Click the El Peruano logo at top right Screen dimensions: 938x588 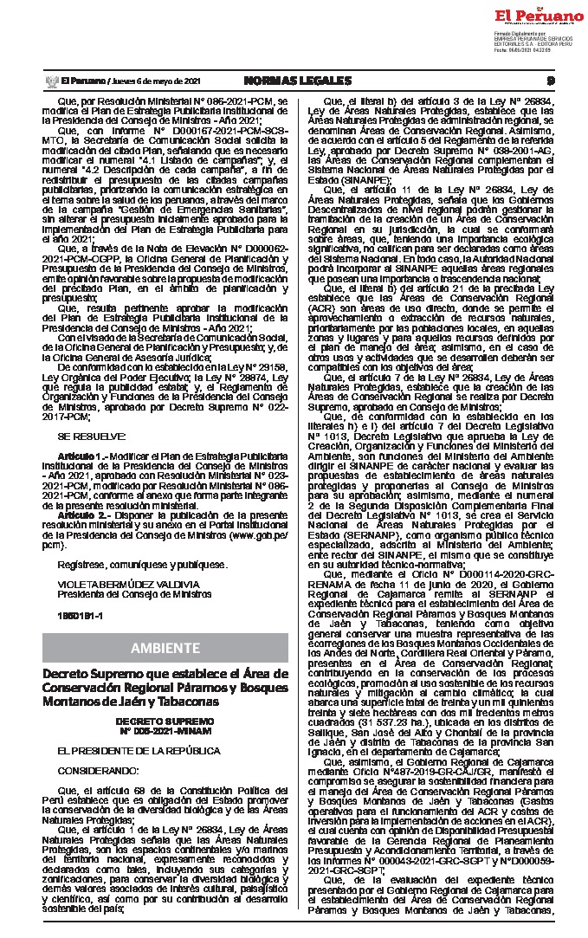(540, 16)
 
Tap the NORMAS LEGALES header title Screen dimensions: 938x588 (294, 81)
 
